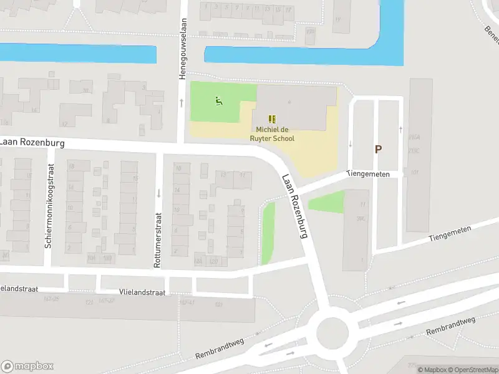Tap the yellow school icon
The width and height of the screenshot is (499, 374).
coord(271,118)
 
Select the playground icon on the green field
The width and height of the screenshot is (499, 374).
coord(218,102)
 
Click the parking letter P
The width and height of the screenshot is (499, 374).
coord(378,149)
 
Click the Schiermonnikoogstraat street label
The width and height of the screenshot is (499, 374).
coord(48,206)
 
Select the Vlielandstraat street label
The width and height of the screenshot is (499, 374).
coord(142,292)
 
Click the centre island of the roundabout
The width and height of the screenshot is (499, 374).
coord(332,332)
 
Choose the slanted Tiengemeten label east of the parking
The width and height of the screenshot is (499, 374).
coord(450,234)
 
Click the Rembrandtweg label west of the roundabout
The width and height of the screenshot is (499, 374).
coord(219,348)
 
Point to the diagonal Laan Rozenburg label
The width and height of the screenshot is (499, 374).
coord(296,207)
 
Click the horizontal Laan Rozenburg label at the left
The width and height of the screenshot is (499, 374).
coord(32,142)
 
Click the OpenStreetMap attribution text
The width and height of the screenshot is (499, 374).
coord(472,370)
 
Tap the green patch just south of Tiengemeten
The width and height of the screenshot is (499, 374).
coord(327,202)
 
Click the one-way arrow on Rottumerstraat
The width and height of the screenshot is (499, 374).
coord(159,193)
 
